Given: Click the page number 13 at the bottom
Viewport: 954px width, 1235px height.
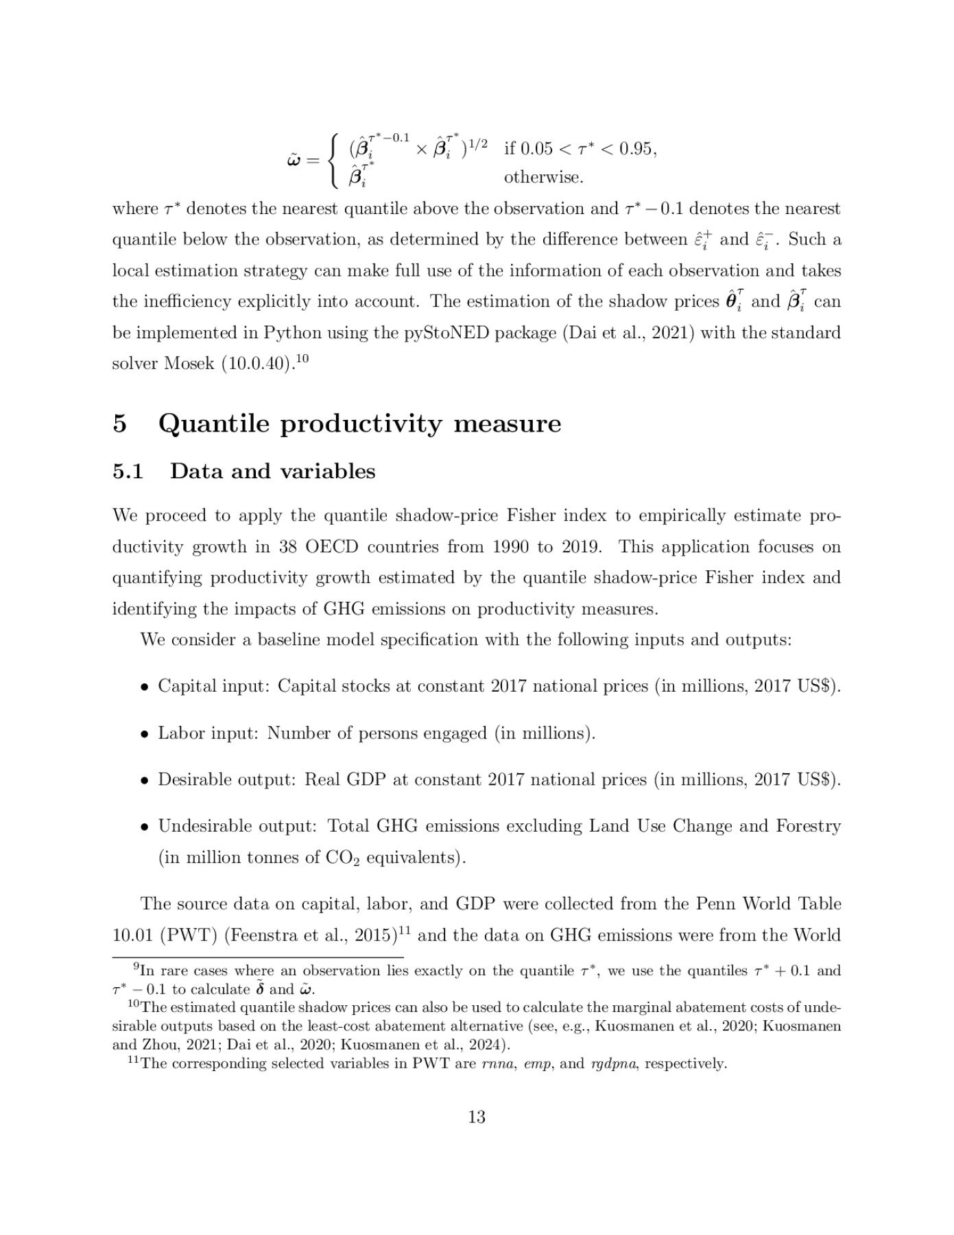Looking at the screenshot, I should click(x=476, y=1117).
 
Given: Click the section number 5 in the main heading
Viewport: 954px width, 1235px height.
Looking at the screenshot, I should click(x=120, y=423).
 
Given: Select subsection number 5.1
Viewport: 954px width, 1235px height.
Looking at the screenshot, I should click(x=128, y=471).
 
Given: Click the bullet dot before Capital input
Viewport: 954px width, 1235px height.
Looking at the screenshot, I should click(x=145, y=687).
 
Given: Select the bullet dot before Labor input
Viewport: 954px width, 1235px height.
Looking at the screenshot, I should click(x=145, y=734).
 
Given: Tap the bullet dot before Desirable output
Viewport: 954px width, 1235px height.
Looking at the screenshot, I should click(x=145, y=781).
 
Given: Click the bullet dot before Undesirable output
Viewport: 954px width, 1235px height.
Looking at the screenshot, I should click(x=145, y=827).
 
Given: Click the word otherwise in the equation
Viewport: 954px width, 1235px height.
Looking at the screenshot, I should click(x=543, y=178).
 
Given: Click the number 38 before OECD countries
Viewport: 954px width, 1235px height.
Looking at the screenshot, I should click(x=288, y=548).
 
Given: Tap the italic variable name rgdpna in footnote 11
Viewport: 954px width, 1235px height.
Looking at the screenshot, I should click(x=612, y=1064).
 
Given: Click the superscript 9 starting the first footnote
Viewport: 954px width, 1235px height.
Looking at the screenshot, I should click(x=136, y=967).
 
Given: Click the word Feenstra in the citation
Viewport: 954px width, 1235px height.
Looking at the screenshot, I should click(x=258, y=936).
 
